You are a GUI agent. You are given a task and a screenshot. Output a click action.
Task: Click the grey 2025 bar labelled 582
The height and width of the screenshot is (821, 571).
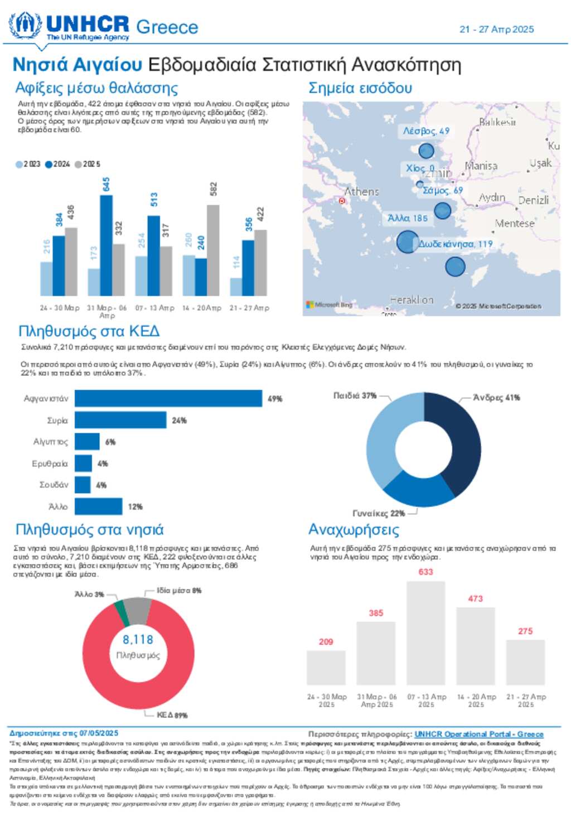pyautogui.click(x=213, y=250)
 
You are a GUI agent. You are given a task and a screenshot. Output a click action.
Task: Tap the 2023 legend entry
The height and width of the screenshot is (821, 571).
pyautogui.click(x=28, y=164)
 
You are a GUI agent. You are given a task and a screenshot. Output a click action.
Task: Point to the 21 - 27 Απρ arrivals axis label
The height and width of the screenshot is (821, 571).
pyautogui.click(x=249, y=308)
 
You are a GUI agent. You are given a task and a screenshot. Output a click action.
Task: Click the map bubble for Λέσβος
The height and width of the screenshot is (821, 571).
pyautogui.click(x=426, y=151)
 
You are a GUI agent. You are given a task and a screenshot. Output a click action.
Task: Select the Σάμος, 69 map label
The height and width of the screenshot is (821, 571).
pyautogui.click(x=443, y=191)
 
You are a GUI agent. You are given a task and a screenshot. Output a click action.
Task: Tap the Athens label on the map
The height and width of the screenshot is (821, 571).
pyautogui.click(x=361, y=192)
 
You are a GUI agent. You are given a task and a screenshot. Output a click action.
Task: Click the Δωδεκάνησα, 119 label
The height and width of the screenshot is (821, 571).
pyautogui.click(x=456, y=244)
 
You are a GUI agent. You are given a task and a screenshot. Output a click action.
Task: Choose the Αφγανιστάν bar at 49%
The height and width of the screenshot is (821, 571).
pyautogui.click(x=168, y=399)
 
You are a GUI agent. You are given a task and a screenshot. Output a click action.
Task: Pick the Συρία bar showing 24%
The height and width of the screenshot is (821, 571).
pyautogui.click(x=120, y=420)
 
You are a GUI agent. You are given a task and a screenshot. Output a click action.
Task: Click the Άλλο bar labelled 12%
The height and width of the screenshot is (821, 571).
pyautogui.click(x=98, y=506)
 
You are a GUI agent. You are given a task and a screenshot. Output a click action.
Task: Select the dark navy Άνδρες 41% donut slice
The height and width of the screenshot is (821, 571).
pyautogui.click(x=461, y=441)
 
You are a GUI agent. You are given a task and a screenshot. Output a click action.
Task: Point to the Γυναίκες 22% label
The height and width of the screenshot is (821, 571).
pyautogui.click(x=379, y=513)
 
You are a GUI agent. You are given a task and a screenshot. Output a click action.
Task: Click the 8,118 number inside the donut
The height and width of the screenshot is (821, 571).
pyautogui.click(x=138, y=640)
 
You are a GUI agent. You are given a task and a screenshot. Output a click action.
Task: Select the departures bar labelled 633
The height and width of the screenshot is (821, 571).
pyautogui.click(x=426, y=633)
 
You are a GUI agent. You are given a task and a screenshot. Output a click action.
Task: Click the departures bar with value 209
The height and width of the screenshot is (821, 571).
pyautogui.click(x=326, y=668)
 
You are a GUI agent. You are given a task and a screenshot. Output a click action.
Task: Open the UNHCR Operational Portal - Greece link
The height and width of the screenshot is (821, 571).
pyautogui.click(x=478, y=734)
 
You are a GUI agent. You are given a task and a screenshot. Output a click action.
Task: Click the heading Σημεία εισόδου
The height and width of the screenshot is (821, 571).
pyautogui.click(x=360, y=88)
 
